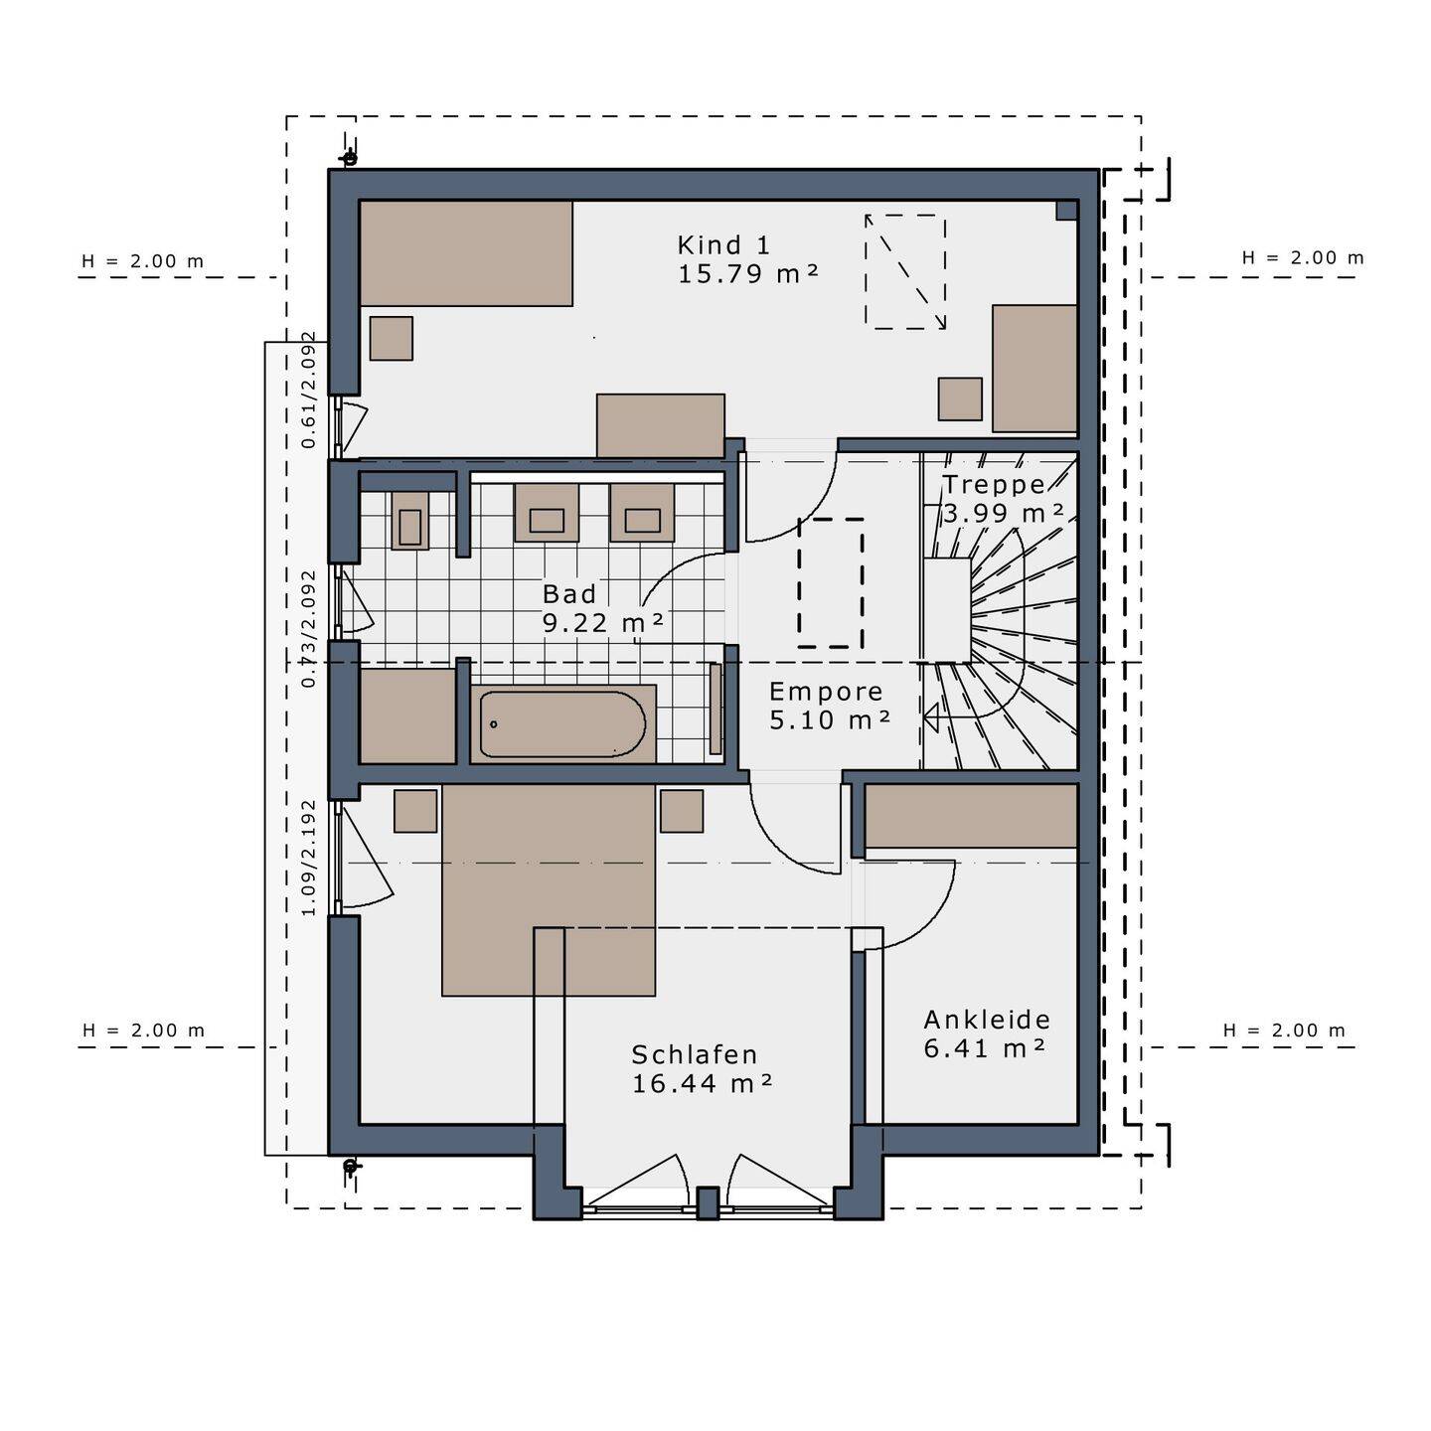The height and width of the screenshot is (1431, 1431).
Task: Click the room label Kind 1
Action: pos(723,244)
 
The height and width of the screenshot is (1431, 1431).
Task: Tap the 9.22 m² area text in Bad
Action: pos(602,623)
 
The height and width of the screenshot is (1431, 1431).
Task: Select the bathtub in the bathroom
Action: pos(562,724)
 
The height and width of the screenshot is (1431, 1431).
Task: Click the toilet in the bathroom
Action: pos(409,520)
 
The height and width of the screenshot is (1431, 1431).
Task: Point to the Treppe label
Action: pos(994,485)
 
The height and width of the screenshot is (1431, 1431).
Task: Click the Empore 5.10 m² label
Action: pos(828,706)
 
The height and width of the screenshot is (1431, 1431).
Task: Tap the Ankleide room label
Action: pos(987,1020)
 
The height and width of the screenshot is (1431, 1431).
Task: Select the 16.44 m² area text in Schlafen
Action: pos(702,1083)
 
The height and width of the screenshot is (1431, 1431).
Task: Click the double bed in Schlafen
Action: pos(549,889)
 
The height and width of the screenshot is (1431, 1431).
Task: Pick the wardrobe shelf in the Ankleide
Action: pos(971,816)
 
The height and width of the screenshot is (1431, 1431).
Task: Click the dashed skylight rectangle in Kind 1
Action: pos(904,271)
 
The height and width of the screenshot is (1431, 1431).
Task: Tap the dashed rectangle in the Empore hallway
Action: pos(831,582)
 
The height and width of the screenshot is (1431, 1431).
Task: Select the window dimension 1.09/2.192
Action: pos(309,858)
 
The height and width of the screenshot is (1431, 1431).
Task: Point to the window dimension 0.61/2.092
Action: pos(309,390)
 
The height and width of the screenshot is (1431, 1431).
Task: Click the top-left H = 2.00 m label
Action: pos(142,261)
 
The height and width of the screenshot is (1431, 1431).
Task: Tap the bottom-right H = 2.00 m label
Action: pos(1284,1031)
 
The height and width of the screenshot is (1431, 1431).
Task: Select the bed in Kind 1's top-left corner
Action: pos(465,253)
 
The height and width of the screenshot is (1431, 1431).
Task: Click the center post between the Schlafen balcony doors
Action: pos(707,1202)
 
